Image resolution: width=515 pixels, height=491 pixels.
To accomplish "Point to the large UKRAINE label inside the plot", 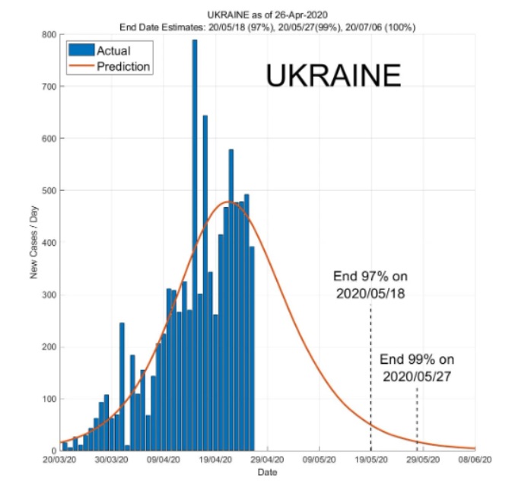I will click(332, 76).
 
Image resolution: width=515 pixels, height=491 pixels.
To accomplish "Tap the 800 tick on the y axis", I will click(48, 34).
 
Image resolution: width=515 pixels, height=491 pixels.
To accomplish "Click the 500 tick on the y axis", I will click(48, 190).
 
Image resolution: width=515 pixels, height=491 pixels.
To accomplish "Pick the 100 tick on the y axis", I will click(48, 399).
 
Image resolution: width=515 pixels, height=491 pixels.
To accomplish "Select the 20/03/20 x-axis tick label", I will click(59, 460).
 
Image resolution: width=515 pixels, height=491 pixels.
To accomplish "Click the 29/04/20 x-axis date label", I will click(267, 460).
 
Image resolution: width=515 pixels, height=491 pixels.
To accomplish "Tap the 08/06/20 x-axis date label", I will click(475, 460).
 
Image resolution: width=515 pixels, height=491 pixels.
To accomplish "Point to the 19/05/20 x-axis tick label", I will click(370, 460).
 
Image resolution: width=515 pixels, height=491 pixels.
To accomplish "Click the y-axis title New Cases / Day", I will click(34, 242).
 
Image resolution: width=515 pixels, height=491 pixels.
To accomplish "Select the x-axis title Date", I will click(267, 472).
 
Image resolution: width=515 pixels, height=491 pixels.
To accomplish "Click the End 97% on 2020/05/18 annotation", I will click(369, 284).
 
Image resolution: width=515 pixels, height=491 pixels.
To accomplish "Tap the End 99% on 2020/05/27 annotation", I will click(416, 368).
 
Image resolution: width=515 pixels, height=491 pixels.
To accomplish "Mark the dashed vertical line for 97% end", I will click(370, 381).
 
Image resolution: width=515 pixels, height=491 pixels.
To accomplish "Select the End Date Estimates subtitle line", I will click(267, 27).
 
